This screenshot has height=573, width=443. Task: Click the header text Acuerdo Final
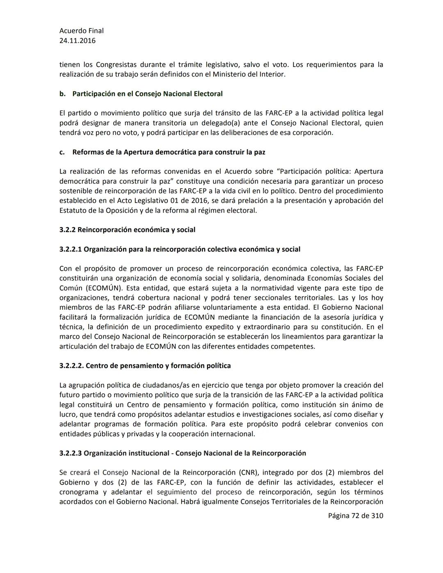81,31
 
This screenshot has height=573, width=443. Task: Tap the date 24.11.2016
77,41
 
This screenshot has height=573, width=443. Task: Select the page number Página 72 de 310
355,516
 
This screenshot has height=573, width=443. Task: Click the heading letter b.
62,94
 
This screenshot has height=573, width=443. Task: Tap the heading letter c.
62,152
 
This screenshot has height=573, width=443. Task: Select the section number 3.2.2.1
71,249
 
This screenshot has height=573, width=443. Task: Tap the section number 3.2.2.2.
71,366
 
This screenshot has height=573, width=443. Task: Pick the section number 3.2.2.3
71,453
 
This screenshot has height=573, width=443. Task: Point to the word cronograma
79,492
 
